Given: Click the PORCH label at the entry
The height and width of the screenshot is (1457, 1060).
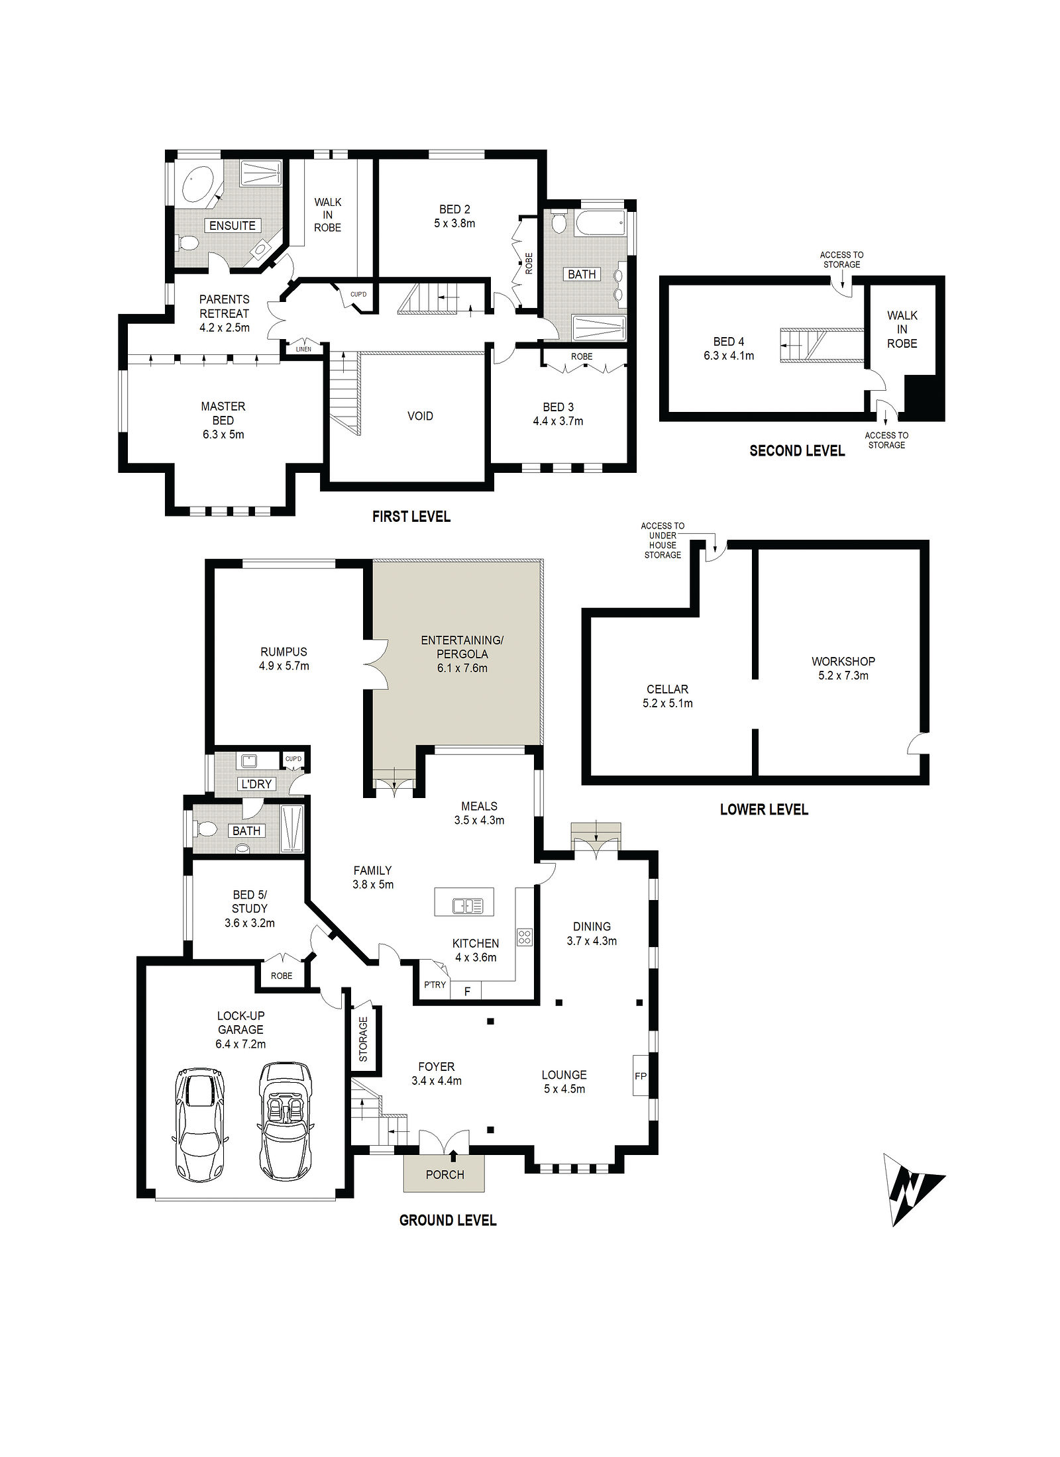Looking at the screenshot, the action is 445,1174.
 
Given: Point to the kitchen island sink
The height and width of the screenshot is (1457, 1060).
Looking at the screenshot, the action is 468,905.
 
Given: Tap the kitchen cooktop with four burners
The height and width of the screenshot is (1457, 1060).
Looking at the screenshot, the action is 525,937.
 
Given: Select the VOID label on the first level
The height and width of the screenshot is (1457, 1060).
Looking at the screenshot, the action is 420,416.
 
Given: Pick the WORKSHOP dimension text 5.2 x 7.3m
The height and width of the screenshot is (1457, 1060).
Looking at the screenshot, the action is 843,676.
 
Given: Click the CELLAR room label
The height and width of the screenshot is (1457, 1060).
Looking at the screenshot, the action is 667,689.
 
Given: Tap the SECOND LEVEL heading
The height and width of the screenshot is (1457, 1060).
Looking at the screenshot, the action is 797,451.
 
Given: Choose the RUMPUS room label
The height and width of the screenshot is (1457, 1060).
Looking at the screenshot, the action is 284,652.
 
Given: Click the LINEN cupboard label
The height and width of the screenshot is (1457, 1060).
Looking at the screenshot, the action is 303,349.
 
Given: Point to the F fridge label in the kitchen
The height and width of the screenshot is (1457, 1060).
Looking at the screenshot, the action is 467,991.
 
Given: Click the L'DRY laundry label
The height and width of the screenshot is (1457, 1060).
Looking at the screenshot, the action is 256,784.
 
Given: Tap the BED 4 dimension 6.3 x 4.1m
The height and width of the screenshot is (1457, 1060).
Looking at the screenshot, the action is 729,356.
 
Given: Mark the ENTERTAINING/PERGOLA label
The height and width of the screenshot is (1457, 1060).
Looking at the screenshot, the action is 462,647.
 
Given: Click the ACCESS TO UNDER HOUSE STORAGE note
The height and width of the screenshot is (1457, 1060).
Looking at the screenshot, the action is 662,540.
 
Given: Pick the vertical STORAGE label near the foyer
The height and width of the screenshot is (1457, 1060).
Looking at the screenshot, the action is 363,1039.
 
